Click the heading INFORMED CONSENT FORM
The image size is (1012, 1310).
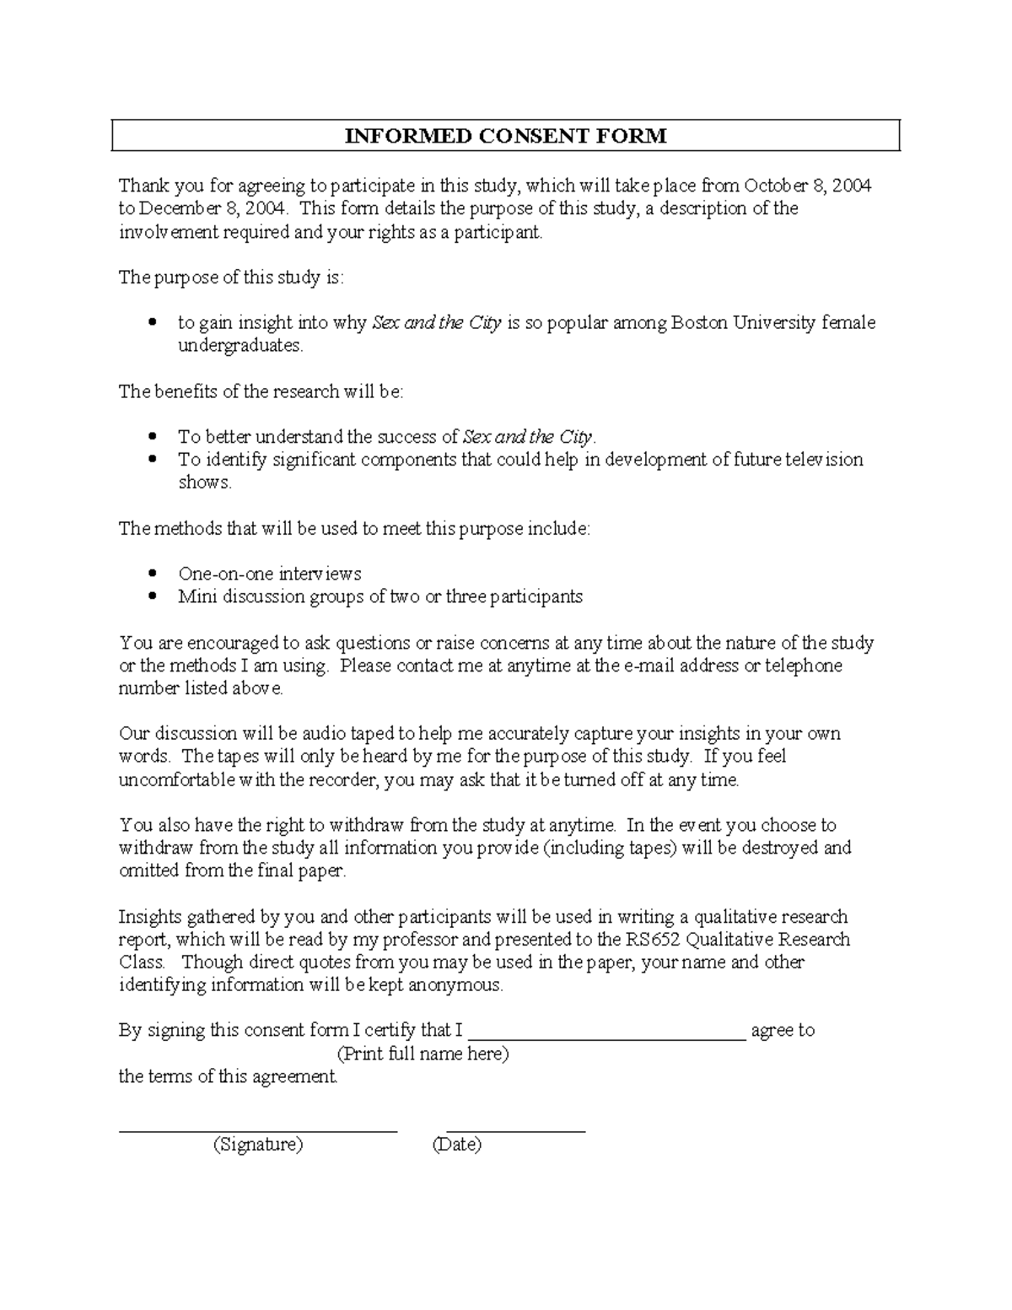click(505, 136)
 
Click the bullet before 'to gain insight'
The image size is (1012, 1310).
click(153, 323)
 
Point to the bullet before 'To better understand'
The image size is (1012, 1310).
click(153, 437)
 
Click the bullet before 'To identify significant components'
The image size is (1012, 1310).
click(153, 460)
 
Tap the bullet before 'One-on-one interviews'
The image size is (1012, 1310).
click(153, 574)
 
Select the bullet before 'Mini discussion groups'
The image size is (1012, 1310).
click(153, 596)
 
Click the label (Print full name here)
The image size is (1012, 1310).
click(423, 1054)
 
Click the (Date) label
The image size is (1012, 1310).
click(456, 1145)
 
